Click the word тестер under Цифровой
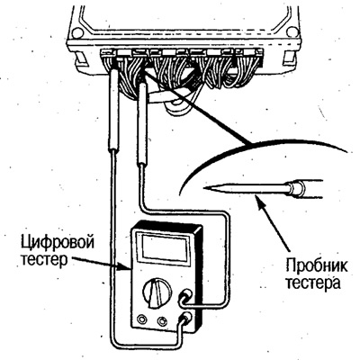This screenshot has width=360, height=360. point(44,259)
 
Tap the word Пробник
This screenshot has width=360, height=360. point(317,266)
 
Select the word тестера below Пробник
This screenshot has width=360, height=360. point(312,283)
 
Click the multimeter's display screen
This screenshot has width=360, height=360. point(163,247)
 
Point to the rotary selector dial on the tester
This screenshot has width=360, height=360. point(157,292)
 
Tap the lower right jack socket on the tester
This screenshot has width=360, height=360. point(186,318)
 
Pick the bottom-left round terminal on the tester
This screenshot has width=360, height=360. point(140,319)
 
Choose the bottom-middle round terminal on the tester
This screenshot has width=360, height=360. point(162,320)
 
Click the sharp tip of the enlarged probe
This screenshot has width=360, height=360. point(204,188)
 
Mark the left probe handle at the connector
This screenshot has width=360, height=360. point(112,110)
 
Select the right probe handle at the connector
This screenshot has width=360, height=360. point(143,124)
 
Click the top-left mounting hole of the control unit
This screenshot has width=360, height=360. point(76,31)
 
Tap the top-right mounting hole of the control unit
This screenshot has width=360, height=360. point(292,31)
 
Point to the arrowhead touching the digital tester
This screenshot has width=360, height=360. point(127,268)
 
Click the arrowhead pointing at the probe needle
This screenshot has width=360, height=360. point(259,199)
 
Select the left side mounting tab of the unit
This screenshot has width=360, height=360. point(80,58)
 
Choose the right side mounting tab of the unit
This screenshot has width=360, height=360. point(290,58)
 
